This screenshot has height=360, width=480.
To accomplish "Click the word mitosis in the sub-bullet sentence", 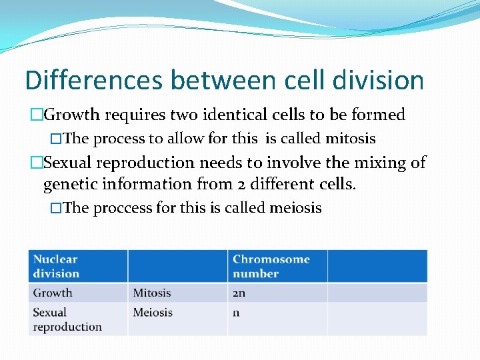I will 350,139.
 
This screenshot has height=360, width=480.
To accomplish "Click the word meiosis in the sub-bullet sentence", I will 295,208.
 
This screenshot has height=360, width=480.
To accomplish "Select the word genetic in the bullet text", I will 69,184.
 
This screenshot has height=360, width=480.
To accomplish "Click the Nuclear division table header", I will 56,266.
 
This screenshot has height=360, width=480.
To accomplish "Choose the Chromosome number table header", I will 271,266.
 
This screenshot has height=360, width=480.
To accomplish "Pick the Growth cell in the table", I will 53,293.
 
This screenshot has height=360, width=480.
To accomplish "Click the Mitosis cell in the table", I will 152,293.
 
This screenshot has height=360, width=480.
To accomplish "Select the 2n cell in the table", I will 239,293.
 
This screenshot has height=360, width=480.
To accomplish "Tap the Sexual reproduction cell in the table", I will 67,319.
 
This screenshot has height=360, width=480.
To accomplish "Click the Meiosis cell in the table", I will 153,312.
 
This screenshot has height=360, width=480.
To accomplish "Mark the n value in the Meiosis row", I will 236,313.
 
